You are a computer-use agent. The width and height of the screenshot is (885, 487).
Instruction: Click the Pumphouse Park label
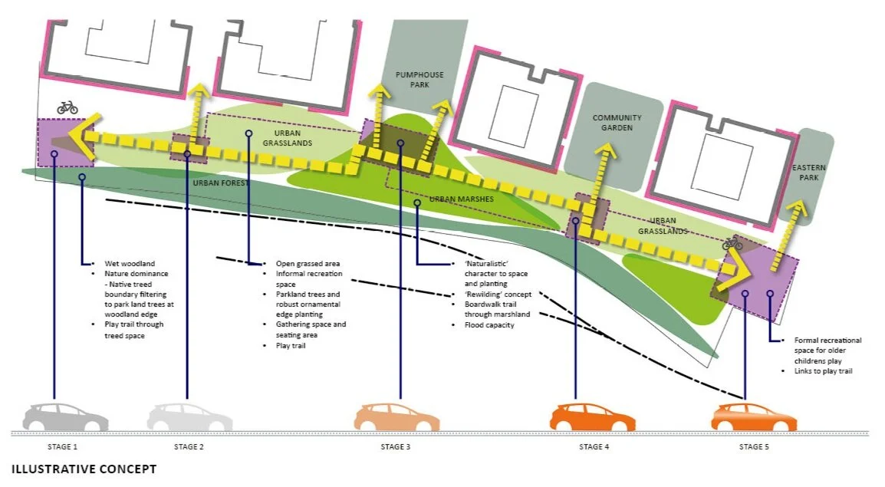[419, 80]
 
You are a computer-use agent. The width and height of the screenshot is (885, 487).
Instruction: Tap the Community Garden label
[617, 123]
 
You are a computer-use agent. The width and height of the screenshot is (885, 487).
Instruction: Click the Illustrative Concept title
[84, 469]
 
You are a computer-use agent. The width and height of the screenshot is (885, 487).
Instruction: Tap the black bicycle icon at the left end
[67, 107]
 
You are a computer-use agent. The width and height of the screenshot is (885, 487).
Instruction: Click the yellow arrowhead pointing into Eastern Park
[800, 211]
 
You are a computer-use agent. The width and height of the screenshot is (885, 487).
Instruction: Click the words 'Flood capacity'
[489, 325]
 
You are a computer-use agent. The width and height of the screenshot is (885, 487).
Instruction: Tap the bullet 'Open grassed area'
[307, 263]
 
